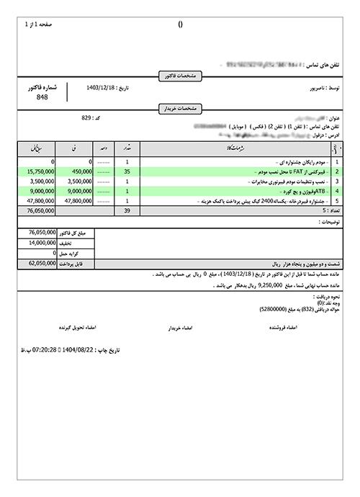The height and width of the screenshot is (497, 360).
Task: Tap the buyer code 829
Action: pos(87,117)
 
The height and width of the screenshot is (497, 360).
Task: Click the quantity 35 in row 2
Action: pos(127,172)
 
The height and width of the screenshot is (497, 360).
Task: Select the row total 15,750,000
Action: pos(31,172)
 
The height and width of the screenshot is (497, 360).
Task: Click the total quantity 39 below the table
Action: pos(127,212)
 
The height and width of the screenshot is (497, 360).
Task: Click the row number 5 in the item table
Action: pos(336,202)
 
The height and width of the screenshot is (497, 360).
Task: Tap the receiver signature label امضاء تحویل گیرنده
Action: pos(81,326)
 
